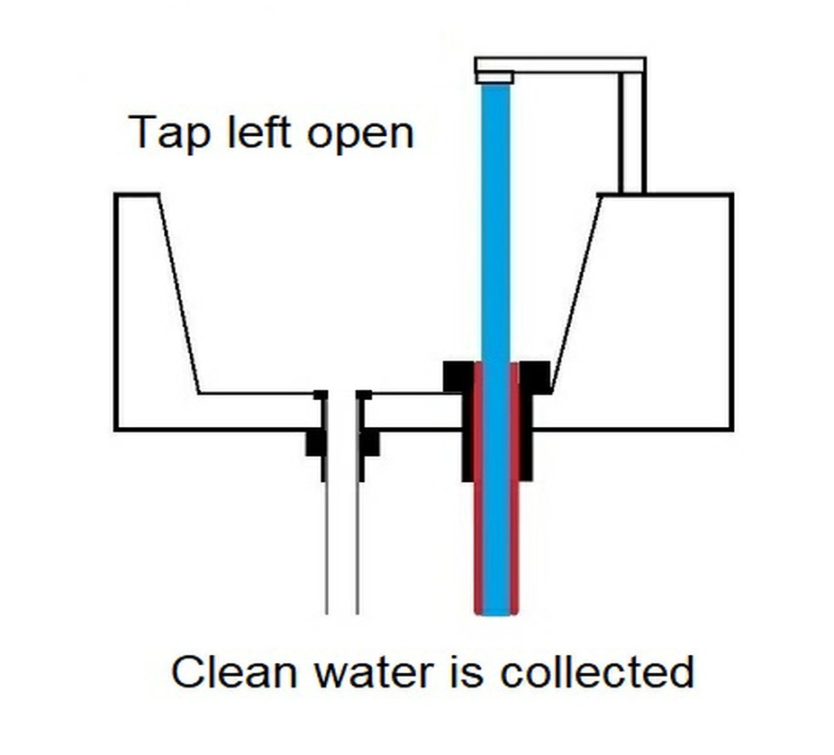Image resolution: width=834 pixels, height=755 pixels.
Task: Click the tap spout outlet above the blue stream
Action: click(494, 78)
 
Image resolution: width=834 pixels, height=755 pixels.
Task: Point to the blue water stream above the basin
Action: click(495, 225)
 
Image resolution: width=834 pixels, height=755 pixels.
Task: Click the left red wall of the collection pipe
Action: click(478, 505)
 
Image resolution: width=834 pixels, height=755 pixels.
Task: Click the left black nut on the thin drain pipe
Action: click(314, 442)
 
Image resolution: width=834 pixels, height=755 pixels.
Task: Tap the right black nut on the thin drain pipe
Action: click(369, 442)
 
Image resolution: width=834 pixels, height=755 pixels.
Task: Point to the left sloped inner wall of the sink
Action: click(179, 293)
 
